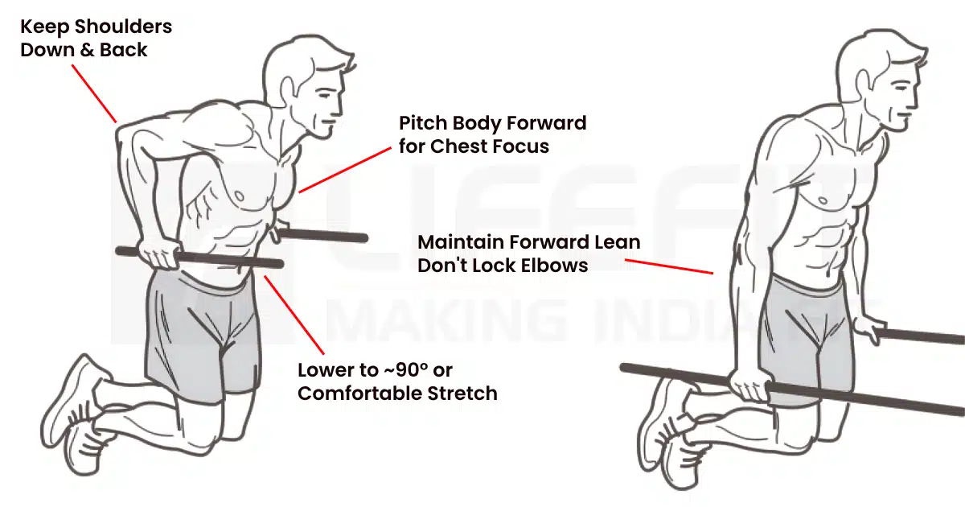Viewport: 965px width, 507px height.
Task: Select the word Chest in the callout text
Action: pos(462,146)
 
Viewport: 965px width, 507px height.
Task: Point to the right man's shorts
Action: pos(796,330)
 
